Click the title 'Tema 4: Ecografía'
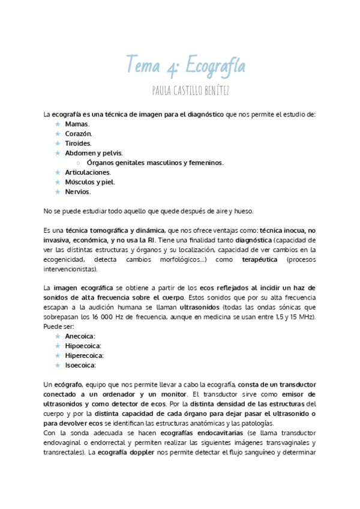(186, 64)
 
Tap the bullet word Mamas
(77, 124)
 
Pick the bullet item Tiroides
(78, 143)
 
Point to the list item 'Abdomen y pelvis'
(89, 153)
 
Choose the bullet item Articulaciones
(88, 172)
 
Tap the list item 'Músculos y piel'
(89, 182)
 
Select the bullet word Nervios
(78, 191)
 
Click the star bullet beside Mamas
(58, 124)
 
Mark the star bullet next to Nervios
(58, 191)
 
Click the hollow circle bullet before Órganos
(79, 163)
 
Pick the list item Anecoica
(80, 336)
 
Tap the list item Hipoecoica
(83, 346)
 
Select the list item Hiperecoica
(84, 355)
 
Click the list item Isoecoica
(80, 365)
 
